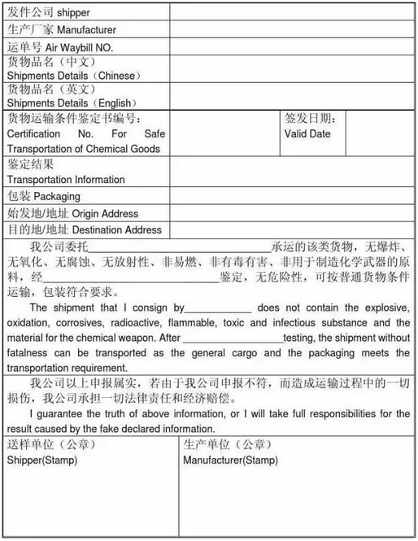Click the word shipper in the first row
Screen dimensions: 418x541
tap(72, 13)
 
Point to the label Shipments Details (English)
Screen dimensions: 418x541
tap(72, 103)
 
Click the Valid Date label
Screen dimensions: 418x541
tap(307, 133)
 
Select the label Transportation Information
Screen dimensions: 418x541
tap(66, 180)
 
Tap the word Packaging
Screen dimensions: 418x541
tap(56, 197)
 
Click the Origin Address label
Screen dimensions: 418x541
tap(105, 214)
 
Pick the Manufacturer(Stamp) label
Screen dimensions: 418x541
tap(230, 460)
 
